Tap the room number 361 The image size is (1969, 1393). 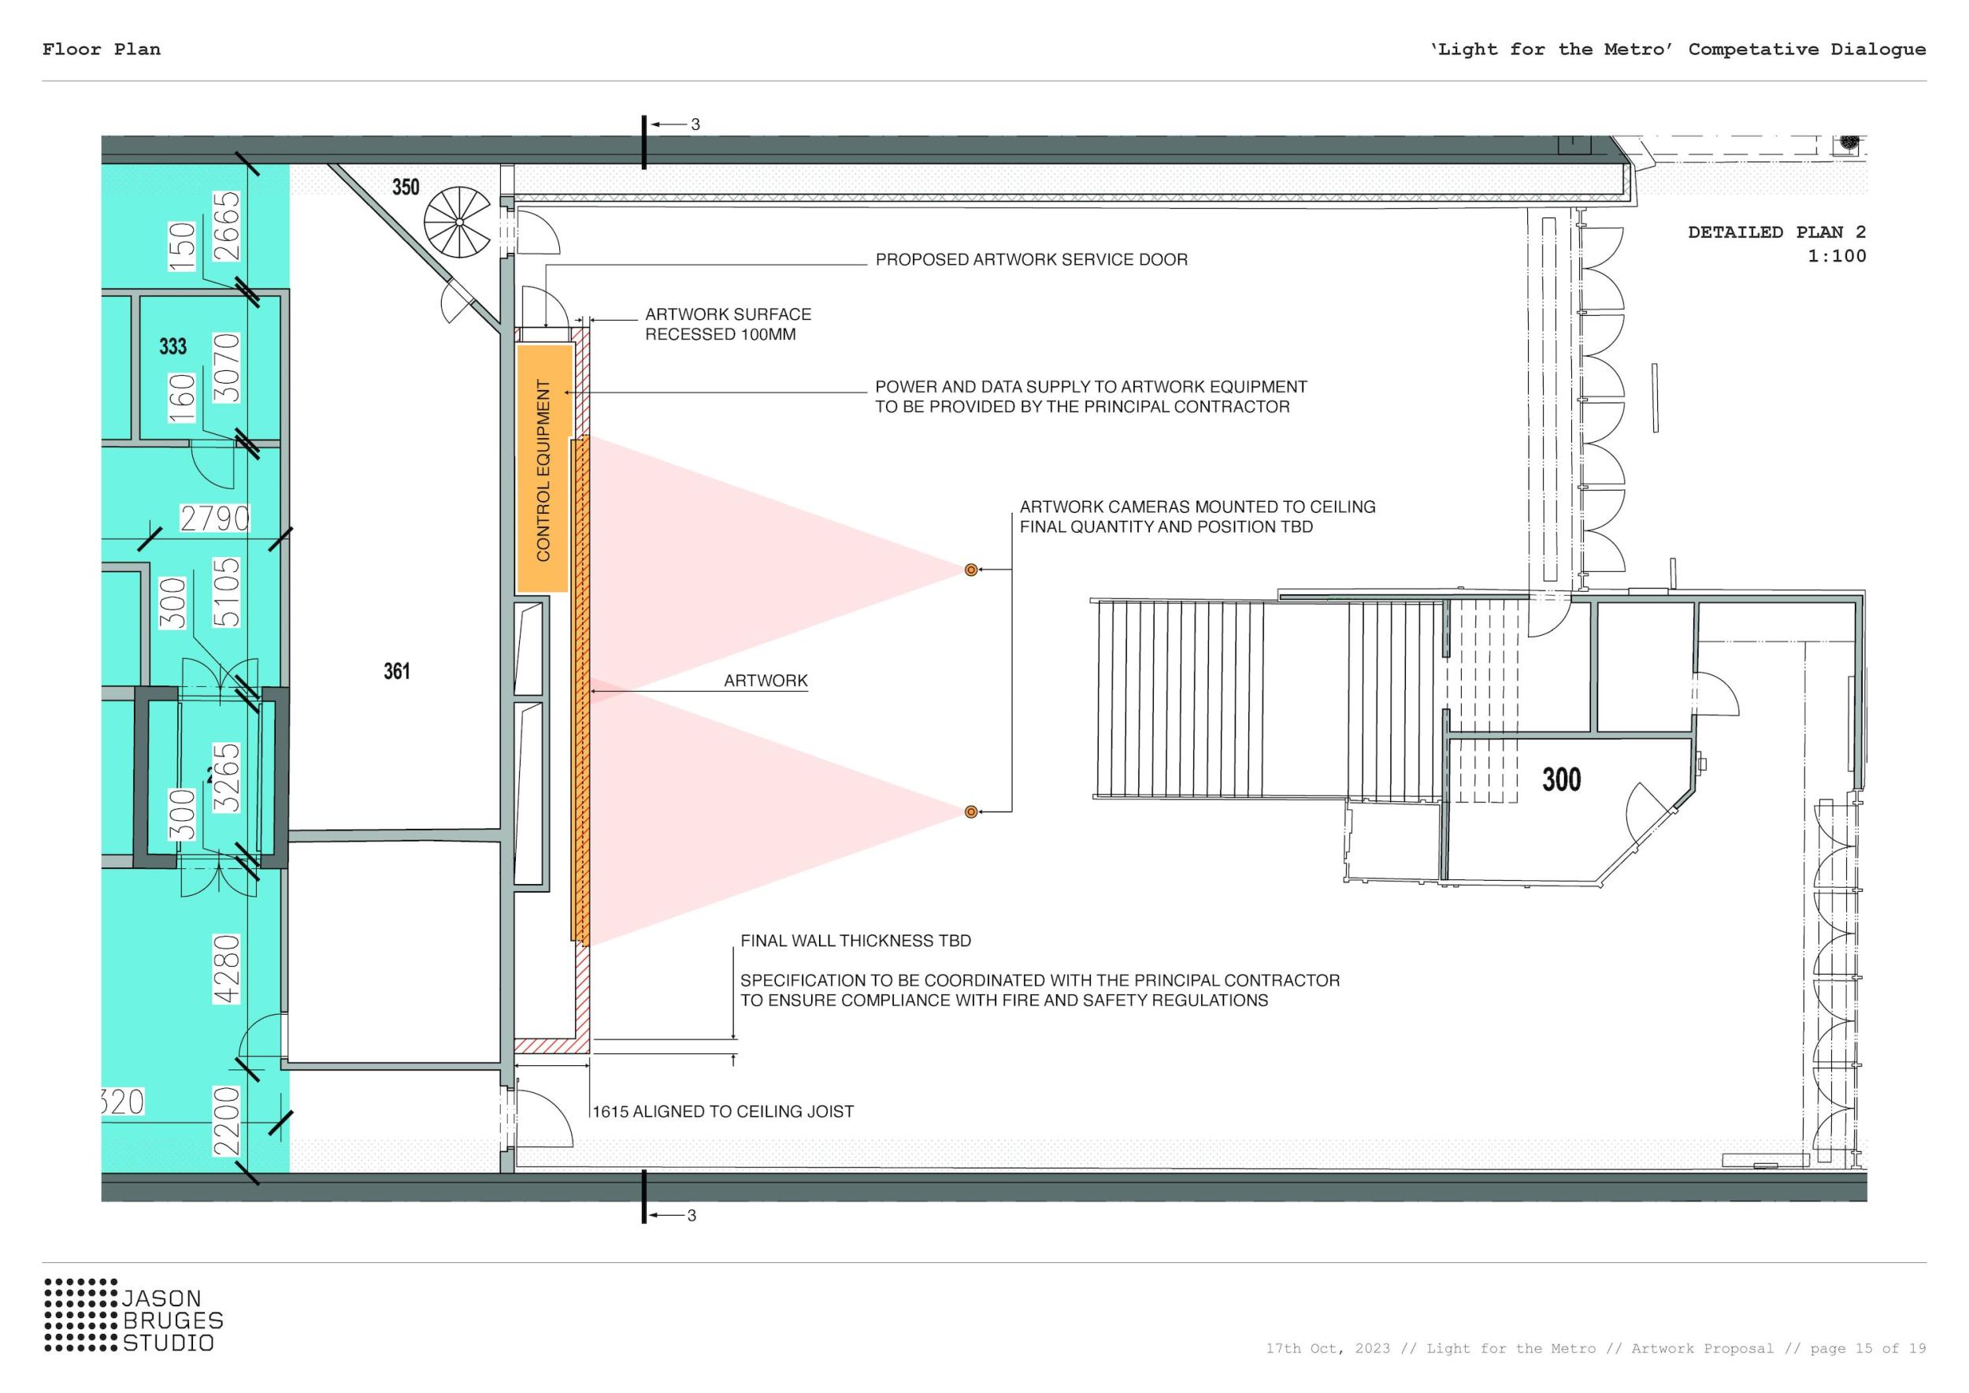[397, 670]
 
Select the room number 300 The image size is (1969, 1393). [1561, 779]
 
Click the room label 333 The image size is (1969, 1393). [172, 347]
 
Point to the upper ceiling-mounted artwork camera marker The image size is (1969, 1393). [971, 570]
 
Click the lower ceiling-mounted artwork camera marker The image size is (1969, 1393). [971, 812]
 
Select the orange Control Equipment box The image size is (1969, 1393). [543, 468]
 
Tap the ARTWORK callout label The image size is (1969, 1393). [766, 681]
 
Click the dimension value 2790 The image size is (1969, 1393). [214, 519]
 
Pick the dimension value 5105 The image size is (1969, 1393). [226, 592]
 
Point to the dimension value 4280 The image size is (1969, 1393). [226, 968]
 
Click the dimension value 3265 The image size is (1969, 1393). [226, 777]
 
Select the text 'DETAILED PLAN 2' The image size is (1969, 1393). [1777, 232]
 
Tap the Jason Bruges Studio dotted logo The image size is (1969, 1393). [81, 1315]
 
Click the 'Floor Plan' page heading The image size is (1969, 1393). [101, 49]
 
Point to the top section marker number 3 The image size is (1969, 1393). [695, 124]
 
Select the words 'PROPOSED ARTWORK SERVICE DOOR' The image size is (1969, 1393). [1032, 260]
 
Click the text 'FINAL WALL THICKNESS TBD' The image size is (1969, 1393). [856, 941]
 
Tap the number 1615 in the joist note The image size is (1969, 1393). [610, 1112]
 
